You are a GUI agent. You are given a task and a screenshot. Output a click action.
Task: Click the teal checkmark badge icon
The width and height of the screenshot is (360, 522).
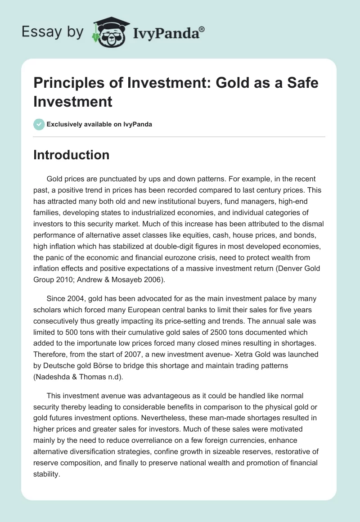click(39, 124)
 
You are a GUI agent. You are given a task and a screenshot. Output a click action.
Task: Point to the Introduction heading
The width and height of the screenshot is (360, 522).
click(72, 155)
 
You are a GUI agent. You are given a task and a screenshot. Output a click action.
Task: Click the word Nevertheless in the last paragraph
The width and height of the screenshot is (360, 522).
click(160, 407)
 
